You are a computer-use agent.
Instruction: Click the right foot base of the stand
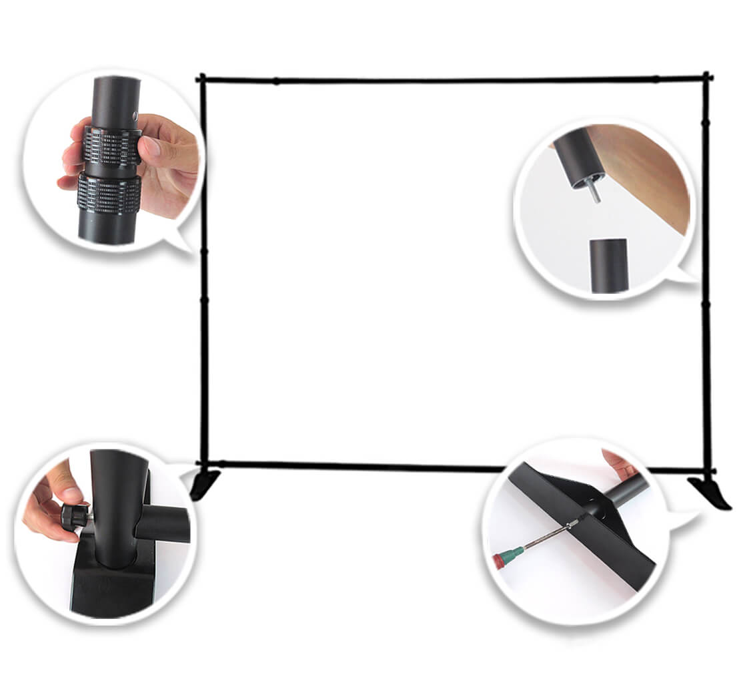point(710,491)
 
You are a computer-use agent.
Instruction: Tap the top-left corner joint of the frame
point(202,79)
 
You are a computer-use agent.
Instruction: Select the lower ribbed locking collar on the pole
point(109,194)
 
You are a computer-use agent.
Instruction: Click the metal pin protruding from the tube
point(594,192)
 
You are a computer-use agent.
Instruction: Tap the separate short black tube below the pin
point(608,266)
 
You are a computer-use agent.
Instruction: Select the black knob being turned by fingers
point(74,515)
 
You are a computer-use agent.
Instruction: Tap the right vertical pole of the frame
point(706,267)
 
